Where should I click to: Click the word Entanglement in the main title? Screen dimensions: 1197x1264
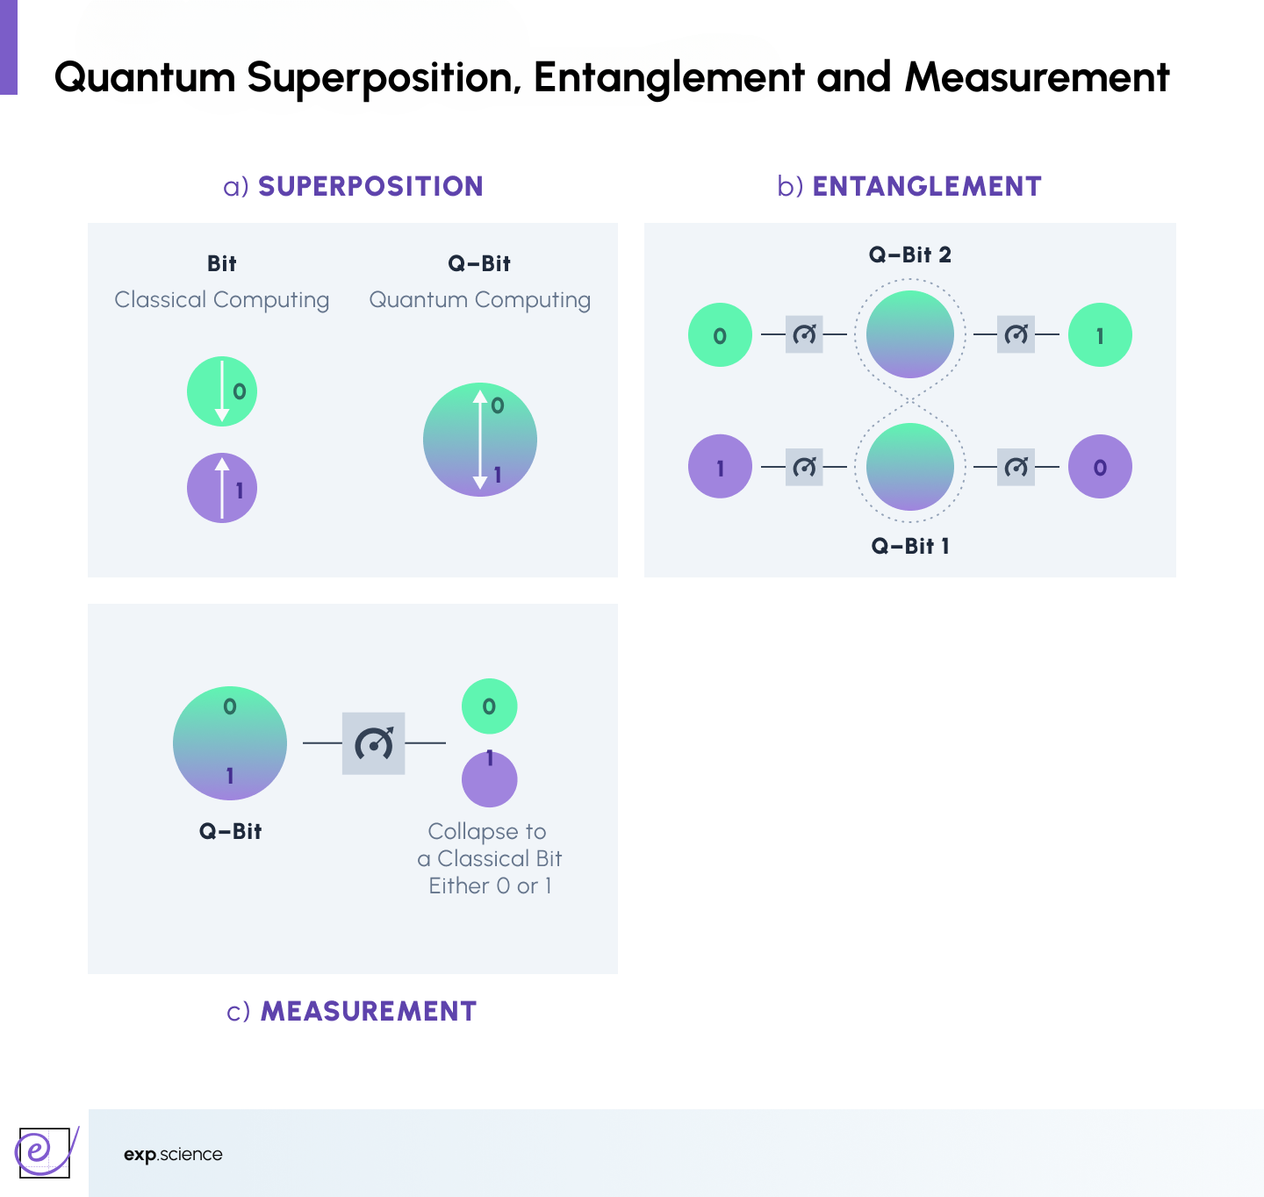tap(669, 77)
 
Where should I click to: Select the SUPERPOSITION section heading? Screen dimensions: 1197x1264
tap(370, 186)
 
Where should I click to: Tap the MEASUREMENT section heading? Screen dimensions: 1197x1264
tap(369, 1011)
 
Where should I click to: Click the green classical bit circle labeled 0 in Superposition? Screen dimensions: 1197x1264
tap(222, 391)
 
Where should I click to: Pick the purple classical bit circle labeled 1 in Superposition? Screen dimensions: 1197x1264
tap(222, 488)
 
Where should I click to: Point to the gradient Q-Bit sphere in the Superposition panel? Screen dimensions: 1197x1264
tap(480, 440)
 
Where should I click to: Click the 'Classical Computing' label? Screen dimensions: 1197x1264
tap(222, 300)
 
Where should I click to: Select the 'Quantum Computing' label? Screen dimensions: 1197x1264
tap(480, 300)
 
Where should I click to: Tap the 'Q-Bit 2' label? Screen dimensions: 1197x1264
tap(910, 254)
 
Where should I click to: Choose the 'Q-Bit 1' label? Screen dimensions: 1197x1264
tap(910, 546)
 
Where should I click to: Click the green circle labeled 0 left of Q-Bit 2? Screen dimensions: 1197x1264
tap(720, 335)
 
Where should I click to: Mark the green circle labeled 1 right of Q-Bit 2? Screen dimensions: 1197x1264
tap(1100, 335)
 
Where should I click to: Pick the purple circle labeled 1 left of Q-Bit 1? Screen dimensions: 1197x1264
tap(720, 467)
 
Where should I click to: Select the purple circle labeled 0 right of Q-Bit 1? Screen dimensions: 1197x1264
tap(1100, 467)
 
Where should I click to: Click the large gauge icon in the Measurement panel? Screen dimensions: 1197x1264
tap(374, 743)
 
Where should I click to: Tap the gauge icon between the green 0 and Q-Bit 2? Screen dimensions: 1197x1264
tap(804, 334)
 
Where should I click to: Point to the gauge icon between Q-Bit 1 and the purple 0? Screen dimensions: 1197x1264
tap(1016, 467)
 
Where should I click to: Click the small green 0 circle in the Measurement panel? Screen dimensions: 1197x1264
tap(490, 706)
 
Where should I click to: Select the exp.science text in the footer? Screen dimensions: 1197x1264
tap(173, 1155)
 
